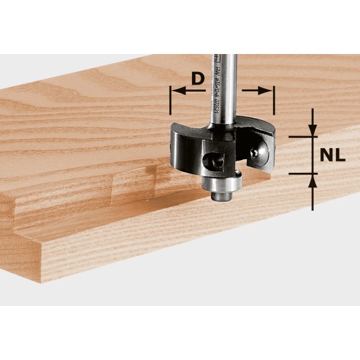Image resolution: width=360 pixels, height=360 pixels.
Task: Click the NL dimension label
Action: click(332, 155)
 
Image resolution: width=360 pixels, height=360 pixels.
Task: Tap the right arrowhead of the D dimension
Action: click(267, 91)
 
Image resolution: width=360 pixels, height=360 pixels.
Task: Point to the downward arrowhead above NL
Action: click(313, 131)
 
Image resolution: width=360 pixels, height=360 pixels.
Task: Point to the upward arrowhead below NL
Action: click(313, 180)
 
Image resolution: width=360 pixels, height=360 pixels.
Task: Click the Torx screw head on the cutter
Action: click(257, 153)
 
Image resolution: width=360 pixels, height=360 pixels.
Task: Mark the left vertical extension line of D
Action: click(171, 99)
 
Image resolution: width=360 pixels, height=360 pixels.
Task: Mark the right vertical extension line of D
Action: click(274, 99)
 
